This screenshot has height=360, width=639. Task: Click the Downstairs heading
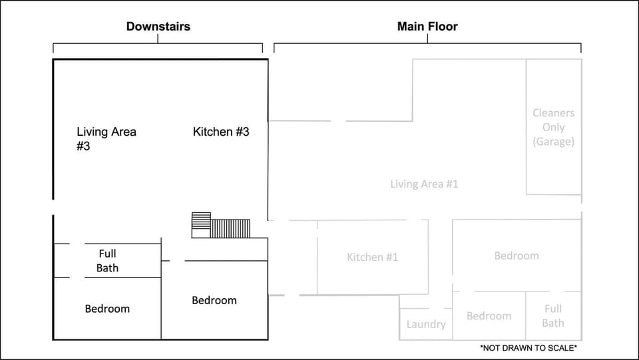(158, 27)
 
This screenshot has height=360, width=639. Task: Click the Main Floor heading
(427, 27)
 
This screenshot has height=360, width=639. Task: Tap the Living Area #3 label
(106, 138)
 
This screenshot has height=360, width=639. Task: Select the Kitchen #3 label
(221, 132)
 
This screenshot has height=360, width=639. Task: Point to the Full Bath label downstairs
(107, 260)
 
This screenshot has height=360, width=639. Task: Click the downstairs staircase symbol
(221, 225)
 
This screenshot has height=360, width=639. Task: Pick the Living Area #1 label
(424, 184)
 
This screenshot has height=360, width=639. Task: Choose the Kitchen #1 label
(372, 257)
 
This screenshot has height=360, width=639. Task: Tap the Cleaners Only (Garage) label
(553, 127)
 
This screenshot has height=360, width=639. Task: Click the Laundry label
(426, 324)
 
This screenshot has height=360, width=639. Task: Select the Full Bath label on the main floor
(553, 316)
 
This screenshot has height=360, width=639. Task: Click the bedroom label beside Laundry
(489, 316)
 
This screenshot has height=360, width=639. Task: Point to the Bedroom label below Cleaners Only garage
(517, 256)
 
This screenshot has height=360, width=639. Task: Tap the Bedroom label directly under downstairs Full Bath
(107, 309)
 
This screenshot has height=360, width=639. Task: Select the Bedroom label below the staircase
(214, 300)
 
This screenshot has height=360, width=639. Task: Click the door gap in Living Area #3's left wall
(53, 207)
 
